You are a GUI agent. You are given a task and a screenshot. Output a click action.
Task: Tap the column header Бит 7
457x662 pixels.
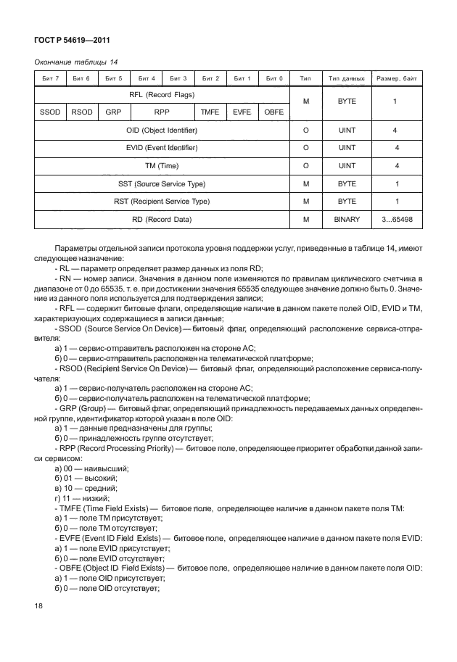[50, 78]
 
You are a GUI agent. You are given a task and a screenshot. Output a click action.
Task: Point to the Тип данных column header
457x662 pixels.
[346, 78]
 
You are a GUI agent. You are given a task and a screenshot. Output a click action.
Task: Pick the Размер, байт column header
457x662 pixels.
[396, 78]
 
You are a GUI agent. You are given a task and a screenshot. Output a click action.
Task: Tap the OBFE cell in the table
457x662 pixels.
[273, 112]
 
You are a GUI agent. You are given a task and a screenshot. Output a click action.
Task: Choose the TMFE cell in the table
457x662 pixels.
[210, 112]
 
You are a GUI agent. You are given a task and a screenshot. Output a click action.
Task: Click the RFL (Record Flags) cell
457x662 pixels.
[162, 94]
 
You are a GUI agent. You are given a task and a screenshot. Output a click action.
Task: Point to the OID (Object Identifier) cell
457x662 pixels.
[162, 131]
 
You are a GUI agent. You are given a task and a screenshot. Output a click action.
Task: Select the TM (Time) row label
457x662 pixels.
[162, 165]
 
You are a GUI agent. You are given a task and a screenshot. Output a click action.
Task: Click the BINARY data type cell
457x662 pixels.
[346, 218]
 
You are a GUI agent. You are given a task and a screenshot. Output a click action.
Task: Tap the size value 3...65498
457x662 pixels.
[396, 218]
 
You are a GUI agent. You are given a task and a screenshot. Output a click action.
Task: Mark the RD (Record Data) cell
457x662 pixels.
[162, 218]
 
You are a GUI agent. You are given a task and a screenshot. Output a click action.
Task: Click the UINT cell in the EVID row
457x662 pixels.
[346, 148]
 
